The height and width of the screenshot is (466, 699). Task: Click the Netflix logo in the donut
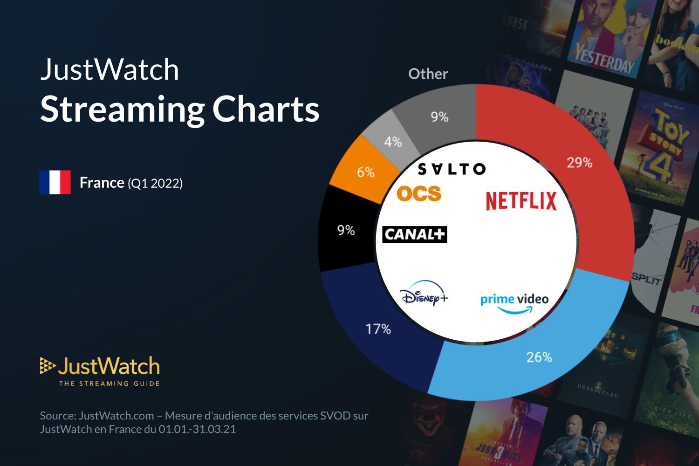(x=521, y=200)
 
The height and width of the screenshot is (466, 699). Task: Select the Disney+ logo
(x=424, y=295)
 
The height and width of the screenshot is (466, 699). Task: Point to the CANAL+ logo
(x=414, y=234)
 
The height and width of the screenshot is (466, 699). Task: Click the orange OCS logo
(x=418, y=193)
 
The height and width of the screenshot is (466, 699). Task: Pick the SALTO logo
(x=451, y=169)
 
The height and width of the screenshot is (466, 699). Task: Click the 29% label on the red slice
(x=579, y=163)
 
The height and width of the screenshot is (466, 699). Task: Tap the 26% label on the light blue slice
(x=539, y=357)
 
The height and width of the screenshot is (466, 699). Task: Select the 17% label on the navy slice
(x=378, y=329)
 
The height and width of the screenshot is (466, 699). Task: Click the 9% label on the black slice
(x=346, y=230)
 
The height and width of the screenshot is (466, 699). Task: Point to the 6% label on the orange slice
(x=366, y=172)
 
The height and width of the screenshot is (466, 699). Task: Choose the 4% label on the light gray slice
(x=393, y=142)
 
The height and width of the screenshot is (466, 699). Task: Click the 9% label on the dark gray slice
(x=439, y=117)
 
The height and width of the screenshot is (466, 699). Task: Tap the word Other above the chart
(x=428, y=74)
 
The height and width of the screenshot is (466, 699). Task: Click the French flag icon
(x=55, y=182)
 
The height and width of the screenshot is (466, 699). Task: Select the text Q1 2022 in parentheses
(x=155, y=183)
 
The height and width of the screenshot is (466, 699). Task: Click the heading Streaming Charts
(x=179, y=109)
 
